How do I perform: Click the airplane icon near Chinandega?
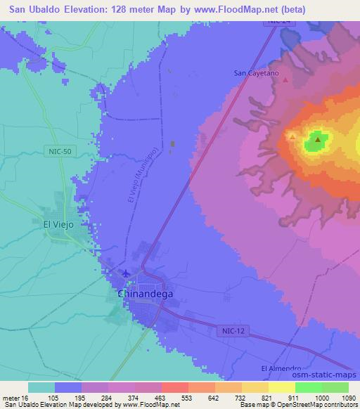pos(126,273)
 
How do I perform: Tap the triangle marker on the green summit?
pos(318,139)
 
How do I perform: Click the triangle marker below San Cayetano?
pos(285,79)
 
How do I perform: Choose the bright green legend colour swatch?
pos(308,387)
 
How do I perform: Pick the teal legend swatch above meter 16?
pos(41,387)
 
